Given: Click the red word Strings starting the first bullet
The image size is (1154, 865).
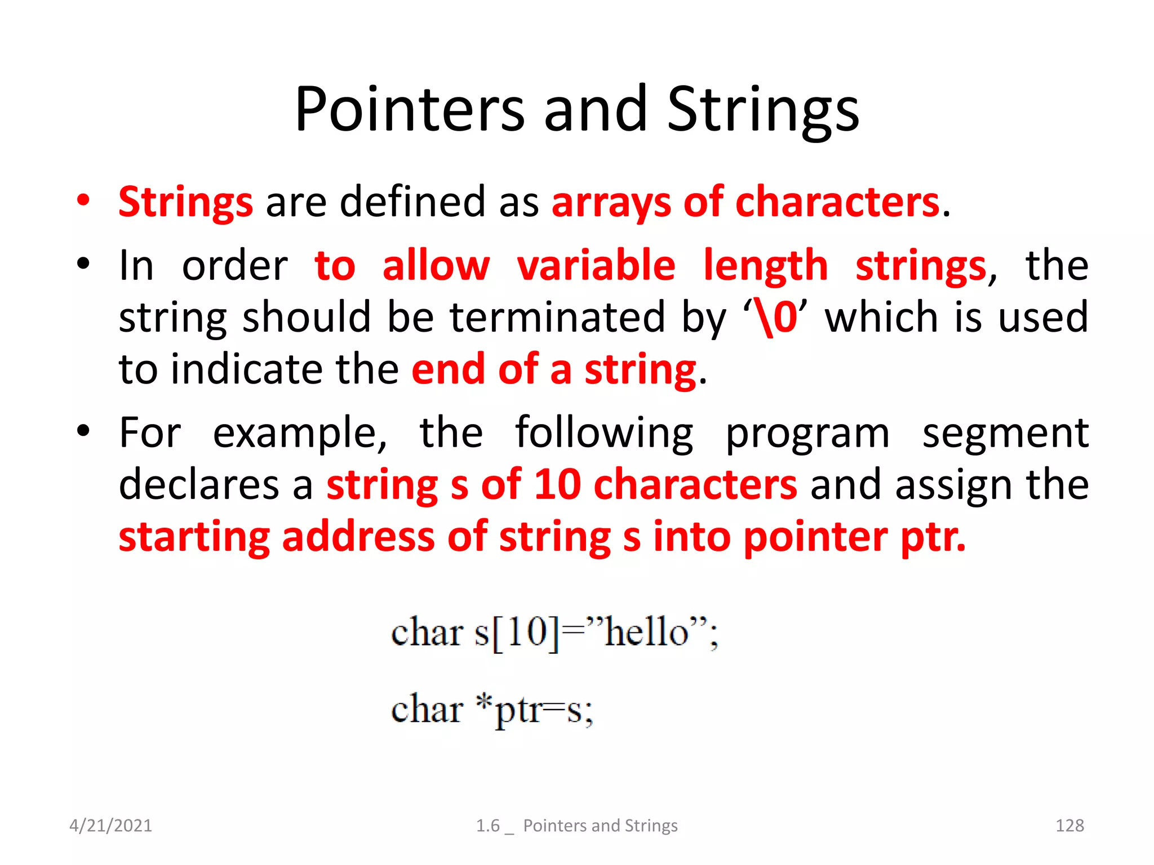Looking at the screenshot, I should pyautogui.click(x=185, y=202).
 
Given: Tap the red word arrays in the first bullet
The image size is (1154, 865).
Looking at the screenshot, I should pyautogui.click(x=611, y=202).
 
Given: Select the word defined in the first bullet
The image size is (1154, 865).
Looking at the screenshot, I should pyautogui.click(x=412, y=201).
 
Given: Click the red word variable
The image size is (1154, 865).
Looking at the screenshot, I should pyautogui.click(x=596, y=265).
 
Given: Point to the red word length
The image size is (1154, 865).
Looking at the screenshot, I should pyautogui.click(x=766, y=266).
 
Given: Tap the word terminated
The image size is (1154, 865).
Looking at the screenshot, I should pyautogui.click(x=558, y=317).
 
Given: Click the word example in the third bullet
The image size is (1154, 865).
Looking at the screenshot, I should pyautogui.click(x=300, y=433).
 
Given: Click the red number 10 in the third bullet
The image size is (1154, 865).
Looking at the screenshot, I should pyautogui.click(x=557, y=484).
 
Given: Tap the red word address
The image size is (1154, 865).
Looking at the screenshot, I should pyautogui.click(x=358, y=537).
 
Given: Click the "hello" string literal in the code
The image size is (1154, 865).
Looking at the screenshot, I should pyautogui.click(x=646, y=632).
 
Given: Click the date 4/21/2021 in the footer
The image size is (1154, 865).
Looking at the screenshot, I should pyautogui.click(x=110, y=826).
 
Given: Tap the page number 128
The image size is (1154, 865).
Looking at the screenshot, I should pyautogui.click(x=1069, y=826).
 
